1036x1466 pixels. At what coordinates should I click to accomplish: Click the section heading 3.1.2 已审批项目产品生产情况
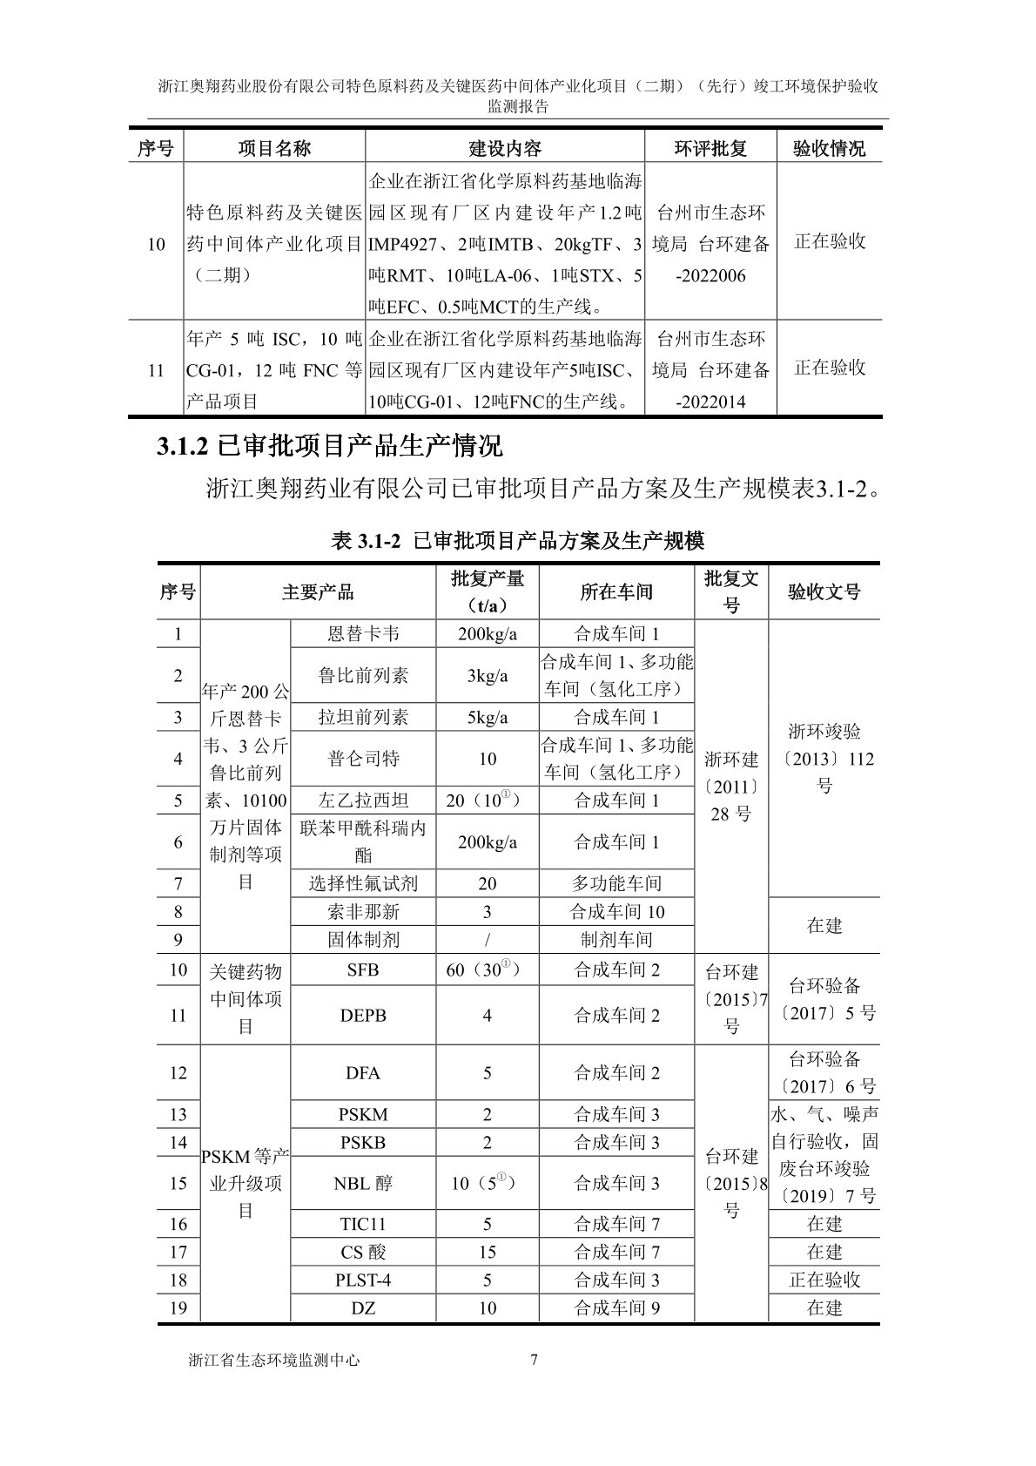coord(329,447)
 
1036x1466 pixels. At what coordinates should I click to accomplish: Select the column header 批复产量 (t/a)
coord(488,591)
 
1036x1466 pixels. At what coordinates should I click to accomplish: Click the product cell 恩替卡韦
coord(362,634)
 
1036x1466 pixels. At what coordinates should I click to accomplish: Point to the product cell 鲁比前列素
coord(362,675)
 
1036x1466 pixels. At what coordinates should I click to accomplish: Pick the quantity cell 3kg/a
coord(488,675)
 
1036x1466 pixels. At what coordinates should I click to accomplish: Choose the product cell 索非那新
coord(362,912)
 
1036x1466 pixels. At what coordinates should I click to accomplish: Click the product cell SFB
coord(362,969)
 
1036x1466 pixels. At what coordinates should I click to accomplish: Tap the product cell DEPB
coord(362,1015)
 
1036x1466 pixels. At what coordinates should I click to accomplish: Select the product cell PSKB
coord(362,1142)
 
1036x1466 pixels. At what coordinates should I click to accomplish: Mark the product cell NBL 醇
coord(362,1183)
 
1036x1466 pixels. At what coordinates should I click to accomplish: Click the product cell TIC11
coord(362,1224)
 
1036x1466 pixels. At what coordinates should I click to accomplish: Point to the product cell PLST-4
coord(362,1280)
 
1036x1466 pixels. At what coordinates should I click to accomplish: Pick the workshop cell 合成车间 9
coord(616,1307)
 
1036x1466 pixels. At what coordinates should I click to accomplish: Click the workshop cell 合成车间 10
coord(616,912)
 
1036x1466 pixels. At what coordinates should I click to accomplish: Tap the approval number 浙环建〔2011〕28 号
coord(731,787)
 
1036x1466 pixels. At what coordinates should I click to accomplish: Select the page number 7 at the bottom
coord(534,1360)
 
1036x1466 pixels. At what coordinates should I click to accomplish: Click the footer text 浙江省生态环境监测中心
coord(273,1360)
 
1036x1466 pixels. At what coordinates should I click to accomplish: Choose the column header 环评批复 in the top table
coord(710,148)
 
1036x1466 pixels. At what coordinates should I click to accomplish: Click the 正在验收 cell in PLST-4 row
coord(824,1280)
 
